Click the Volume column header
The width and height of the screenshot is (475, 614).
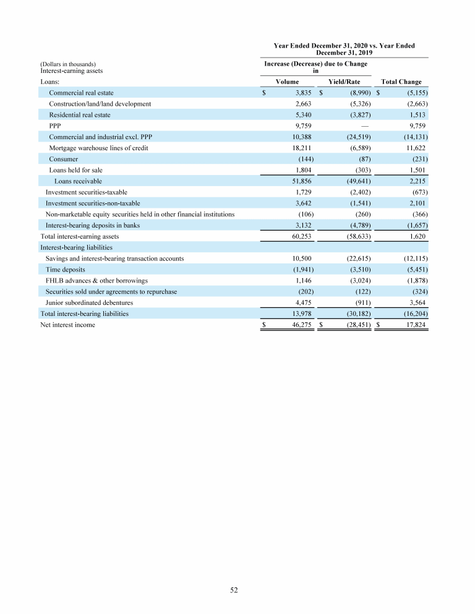pos(287,82)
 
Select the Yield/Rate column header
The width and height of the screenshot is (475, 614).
pos(345,82)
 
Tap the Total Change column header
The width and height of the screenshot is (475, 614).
pos(401,82)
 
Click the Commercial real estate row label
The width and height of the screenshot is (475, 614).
pos(81,93)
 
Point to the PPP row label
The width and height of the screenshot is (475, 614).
pos(55,126)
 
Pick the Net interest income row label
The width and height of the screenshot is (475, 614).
pos(67,325)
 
